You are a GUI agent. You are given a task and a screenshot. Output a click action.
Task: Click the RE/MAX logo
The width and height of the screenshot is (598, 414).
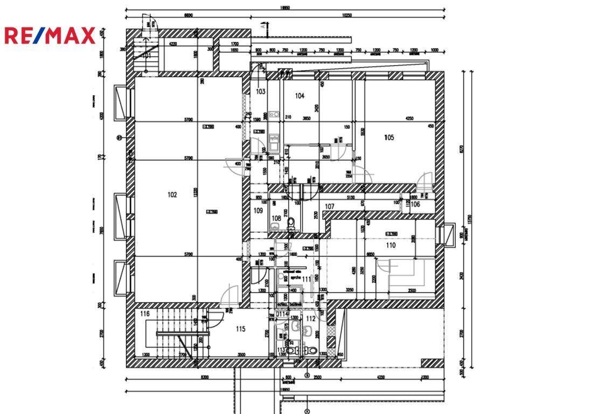[x=50, y=36]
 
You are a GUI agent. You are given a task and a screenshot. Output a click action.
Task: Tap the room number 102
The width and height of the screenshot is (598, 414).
[x=172, y=195]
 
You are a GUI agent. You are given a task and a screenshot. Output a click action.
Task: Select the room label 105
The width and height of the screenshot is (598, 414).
[x=389, y=137]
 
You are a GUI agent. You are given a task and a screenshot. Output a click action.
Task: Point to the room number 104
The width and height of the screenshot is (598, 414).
[x=300, y=96]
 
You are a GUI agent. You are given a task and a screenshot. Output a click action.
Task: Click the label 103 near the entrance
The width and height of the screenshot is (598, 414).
[x=261, y=92]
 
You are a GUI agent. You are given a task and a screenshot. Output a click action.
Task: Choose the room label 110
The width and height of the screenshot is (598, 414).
[x=391, y=245]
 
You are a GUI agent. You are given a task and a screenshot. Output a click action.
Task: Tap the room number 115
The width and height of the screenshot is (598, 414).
[x=240, y=329]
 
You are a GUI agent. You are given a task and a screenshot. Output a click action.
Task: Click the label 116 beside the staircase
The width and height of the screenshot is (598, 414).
[x=144, y=314]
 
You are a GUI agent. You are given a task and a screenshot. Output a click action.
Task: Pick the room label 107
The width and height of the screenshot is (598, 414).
[x=330, y=206]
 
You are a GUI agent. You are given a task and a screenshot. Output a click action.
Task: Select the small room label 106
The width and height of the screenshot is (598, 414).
[x=415, y=205]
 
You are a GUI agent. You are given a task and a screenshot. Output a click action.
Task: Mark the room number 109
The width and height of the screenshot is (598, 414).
[x=258, y=211]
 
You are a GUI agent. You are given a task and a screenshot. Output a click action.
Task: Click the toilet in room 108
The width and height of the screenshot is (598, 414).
[x=290, y=222]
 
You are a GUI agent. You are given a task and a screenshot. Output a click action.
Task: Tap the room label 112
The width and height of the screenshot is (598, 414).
[x=311, y=319]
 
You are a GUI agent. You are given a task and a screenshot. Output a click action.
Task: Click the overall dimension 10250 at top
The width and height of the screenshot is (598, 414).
[x=346, y=16]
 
